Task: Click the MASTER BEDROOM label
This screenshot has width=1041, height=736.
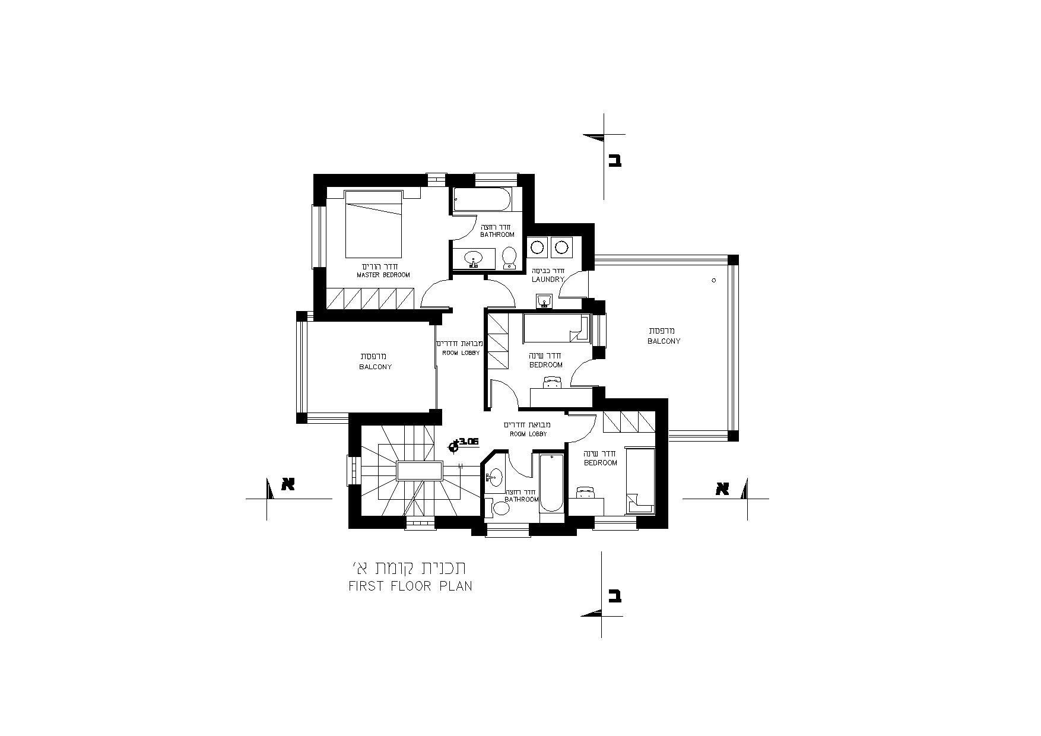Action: [383, 275]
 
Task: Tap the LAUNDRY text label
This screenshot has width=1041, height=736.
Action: [548, 279]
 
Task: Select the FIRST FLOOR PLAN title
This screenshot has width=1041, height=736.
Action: [410, 586]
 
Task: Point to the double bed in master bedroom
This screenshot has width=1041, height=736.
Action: [374, 224]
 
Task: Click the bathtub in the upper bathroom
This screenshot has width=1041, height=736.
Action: [481, 199]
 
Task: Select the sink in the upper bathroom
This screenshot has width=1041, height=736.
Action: [474, 258]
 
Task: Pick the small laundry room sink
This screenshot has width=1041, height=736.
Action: [544, 302]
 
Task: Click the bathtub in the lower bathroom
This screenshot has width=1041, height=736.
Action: [551, 483]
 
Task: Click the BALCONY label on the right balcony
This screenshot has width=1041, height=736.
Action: [664, 341]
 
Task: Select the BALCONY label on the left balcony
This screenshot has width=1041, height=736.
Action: [375, 367]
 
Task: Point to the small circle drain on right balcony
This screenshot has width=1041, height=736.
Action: [714, 280]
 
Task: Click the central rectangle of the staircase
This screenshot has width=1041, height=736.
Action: [419, 471]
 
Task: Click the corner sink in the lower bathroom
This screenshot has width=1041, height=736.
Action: [494, 476]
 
